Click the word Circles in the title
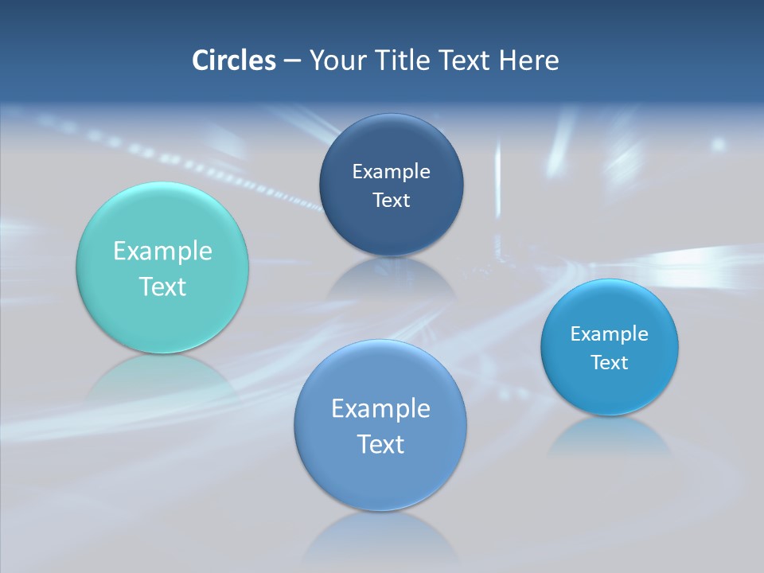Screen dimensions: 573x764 pyautogui.click(x=233, y=60)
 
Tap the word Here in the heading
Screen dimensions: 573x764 pyautogui.click(x=529, y=60)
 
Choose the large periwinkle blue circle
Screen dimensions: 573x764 pyautogui.click(x=380, y=477)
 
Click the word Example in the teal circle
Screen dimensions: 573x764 pyautogui.click(x=162, y=251)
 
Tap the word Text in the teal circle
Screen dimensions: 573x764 pyautogui.click(x=162, y=286)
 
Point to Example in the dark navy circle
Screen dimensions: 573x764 pyautogui.click(x=391, y=172)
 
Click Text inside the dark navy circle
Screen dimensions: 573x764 pyautogui.click(x=391, y=201)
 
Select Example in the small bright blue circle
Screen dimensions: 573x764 pyautogui.click(x=610, y=334)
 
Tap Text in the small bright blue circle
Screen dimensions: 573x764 pyautogui.click(x=610, y=363)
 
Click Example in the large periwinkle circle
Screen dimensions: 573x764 pyautogui.click(x=380, y=409)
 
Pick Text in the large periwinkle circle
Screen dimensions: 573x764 pyautogui.click(x=380, y=444)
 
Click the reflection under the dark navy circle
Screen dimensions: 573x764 pyautogui.click(x=391, y=279)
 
